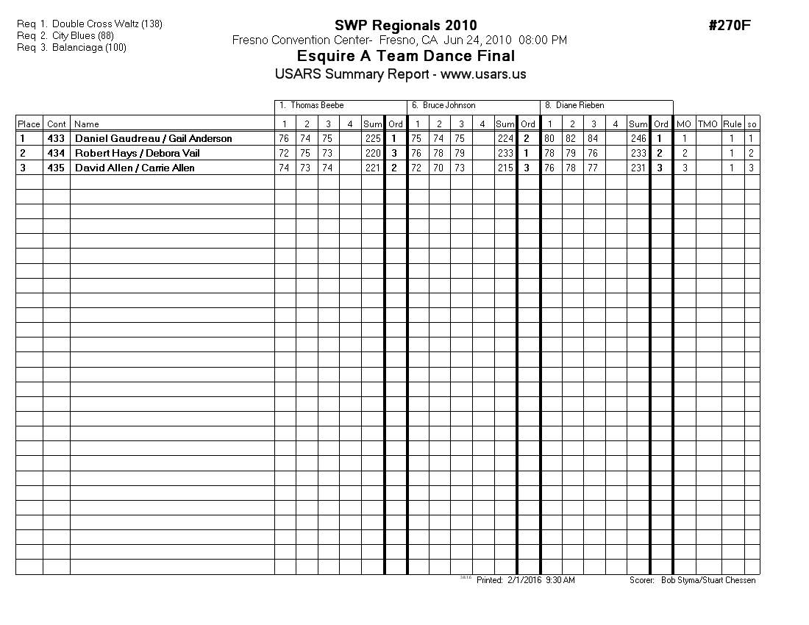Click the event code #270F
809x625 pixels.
pos(729,26)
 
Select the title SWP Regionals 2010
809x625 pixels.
pos(405,26)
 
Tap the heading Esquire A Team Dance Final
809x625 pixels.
pos(405,57)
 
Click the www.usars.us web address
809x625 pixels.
pos(483,74)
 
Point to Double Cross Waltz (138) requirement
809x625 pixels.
pos(107,24)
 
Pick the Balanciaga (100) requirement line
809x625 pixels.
pos(89,48)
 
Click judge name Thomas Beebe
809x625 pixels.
pos(317,106)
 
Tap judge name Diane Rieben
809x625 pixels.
pos(580,106)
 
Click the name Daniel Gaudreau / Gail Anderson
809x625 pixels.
pos(153,139)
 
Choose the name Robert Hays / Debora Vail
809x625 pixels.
pos(137,154)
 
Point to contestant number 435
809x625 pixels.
pos(56,168)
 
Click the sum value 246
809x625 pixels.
pos(638,139)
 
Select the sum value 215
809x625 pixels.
pos(505,168)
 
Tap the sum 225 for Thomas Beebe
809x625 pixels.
pos(373,139)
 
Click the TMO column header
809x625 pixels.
pos(708,124)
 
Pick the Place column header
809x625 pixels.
pos(29,124)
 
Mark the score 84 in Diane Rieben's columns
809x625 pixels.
pos(593,139)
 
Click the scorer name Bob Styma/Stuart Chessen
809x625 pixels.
pos(708,580)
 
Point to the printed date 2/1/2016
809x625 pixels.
pos(524,580)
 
